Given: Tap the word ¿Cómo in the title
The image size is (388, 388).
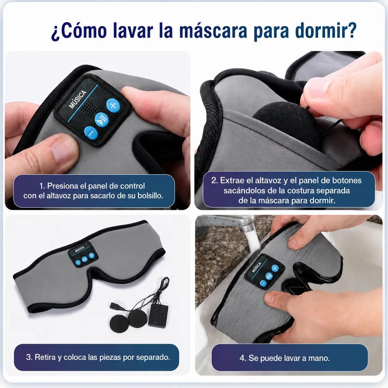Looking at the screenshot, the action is pos(79,31).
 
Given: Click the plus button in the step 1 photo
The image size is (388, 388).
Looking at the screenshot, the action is pos(113,105).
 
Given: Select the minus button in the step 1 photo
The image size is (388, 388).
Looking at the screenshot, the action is pos(91,133).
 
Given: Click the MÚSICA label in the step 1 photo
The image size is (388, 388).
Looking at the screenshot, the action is pos(78,99).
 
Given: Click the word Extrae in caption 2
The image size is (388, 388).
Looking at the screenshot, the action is pos(230,180).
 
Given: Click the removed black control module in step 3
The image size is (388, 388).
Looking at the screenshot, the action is pos(158,316).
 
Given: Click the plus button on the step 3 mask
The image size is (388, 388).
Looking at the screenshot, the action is pos(92,256).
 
